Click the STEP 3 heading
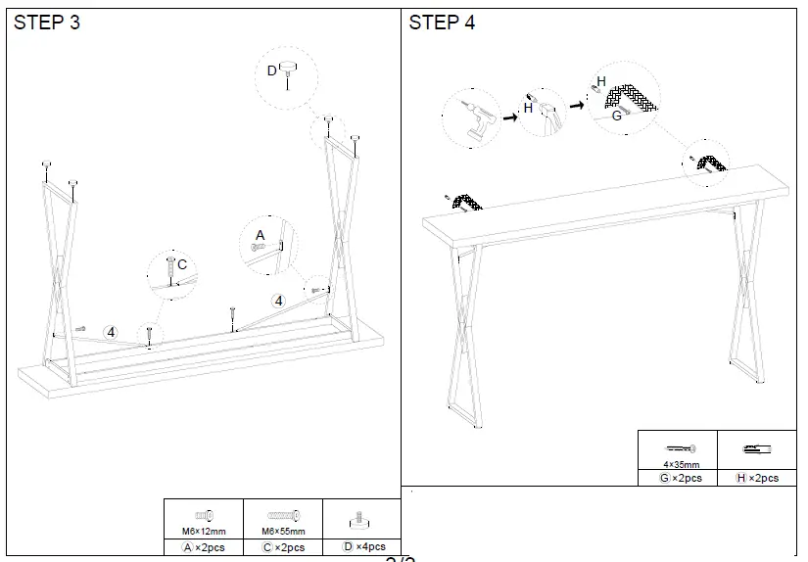[47, 23]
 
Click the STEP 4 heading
[442, 23]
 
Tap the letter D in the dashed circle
[272, 70]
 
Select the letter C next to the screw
[182, 263]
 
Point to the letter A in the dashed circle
[260, 235]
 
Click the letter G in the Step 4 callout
[617, 116]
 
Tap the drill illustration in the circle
[471, 117]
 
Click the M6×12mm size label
[205, 532]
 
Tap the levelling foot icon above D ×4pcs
[363, 518]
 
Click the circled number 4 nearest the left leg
[111, 333]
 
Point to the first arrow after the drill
[510, 117]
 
